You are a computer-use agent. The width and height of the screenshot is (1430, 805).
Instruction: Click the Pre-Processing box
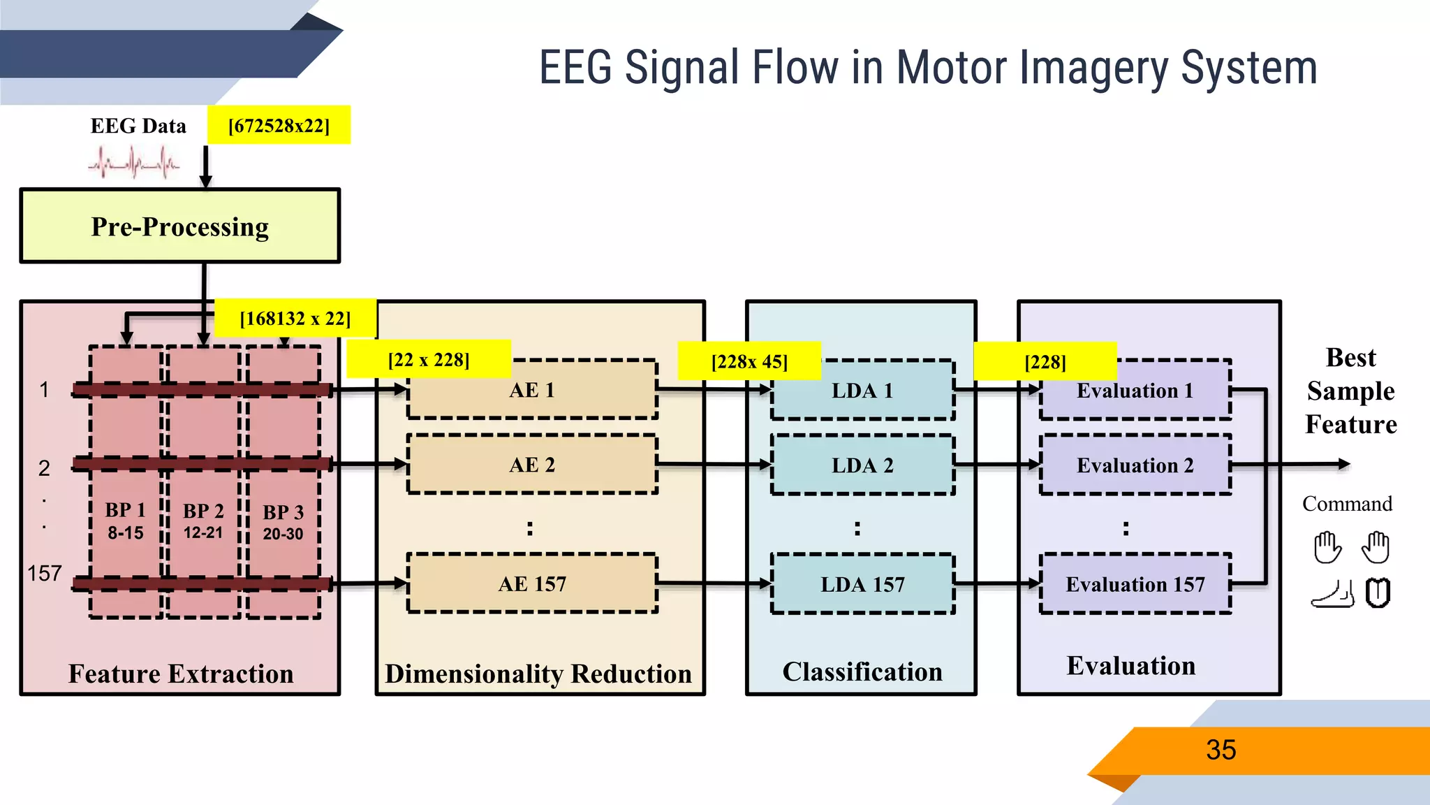[x=179, y=226]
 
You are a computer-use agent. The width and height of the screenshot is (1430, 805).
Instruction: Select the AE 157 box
[x=532, y=583]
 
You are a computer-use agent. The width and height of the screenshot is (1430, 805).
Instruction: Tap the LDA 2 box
[x=862, y=465]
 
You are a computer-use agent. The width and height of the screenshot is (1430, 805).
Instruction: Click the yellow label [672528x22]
[x=279, y=126]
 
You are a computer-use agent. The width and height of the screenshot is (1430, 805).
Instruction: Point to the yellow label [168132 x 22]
[x=295, y=319]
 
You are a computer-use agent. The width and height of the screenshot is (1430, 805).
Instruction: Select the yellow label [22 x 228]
[x=429, y=360]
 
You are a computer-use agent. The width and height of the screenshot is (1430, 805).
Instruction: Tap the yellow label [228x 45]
[x=749, y=361]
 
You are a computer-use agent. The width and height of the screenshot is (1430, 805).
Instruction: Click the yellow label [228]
[x=1045, y=362]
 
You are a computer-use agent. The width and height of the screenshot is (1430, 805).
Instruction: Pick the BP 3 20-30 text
[x=283, y=523]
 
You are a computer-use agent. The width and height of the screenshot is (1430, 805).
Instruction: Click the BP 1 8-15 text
[x=126, y=521]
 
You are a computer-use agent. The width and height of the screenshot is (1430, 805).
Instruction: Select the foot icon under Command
[x=1332, y=594]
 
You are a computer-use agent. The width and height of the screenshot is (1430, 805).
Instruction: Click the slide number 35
[x=1221, y=750]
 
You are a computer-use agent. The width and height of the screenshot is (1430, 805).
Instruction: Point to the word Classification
[x=862, y=672]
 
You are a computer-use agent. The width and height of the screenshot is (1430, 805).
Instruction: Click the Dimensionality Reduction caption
[x=538, y=674]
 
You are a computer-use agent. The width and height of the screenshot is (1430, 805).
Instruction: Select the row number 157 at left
[x=45, y=574]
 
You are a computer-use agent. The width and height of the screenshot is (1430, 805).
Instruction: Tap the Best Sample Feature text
[x=1350, y=391]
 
